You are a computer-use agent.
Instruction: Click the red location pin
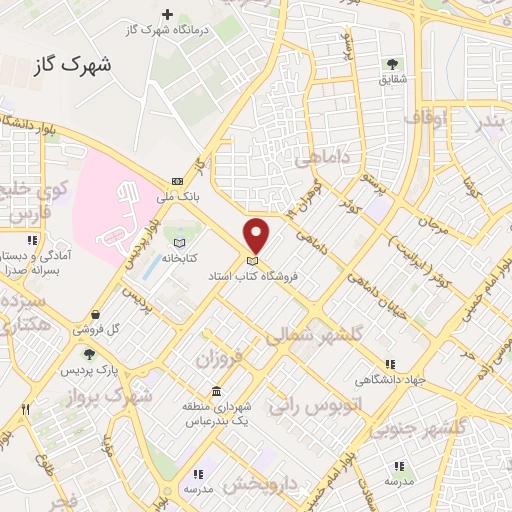pos(257,234)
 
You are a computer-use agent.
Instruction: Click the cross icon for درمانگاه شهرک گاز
pos(167,15)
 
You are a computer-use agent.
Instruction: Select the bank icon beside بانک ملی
pos(177,181)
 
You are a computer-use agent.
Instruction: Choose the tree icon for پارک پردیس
pos(89,354)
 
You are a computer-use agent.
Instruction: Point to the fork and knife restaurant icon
pos(26,408)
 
